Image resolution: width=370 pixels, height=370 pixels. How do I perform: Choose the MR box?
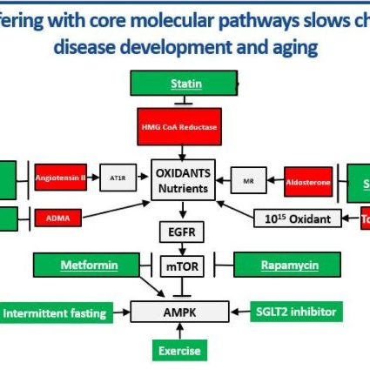coord(249,180)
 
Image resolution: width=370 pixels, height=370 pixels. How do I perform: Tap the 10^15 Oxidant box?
coord(297,219)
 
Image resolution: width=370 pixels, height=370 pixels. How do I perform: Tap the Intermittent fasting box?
coord(54,312)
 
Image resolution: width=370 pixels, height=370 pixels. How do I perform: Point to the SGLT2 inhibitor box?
coord(294,311)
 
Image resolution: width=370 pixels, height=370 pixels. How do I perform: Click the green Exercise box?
coord(180,351)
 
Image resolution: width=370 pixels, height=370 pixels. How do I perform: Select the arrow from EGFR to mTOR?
coord(182,248)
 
